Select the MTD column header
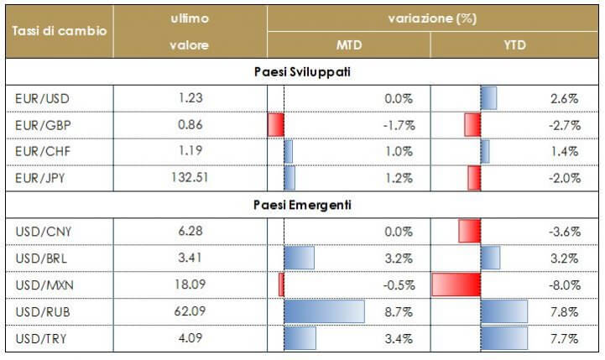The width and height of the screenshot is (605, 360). (x=348, y=44)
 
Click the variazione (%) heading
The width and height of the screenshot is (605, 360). (x=432, y=18)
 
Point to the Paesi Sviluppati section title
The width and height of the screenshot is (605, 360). (x=302, y=72)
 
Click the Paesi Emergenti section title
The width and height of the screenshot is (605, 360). (x=302, y=204)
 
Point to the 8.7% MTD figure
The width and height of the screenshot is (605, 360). (x=398, y=311)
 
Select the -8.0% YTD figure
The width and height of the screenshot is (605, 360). (x=563, y=284)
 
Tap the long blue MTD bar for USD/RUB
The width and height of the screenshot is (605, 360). (x=324, y=311)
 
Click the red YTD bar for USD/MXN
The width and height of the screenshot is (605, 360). (x=456, y=284)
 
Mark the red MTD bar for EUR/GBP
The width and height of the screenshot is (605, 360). (x=276, y=125)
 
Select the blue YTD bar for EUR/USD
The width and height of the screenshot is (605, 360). (x=488, y=99)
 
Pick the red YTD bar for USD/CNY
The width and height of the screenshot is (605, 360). (x=470, y=231)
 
